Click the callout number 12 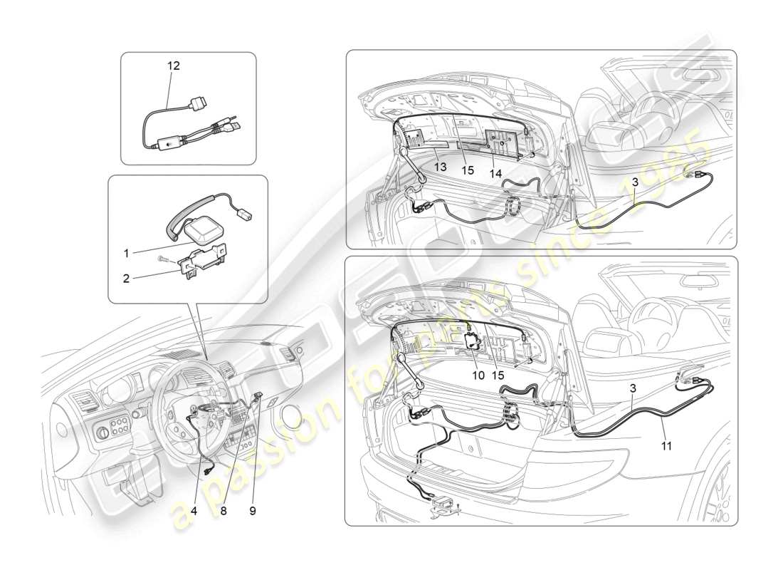click(x=174, y=66)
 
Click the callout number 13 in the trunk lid click(x=441, y=167)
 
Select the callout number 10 click(x=478, y=375)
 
